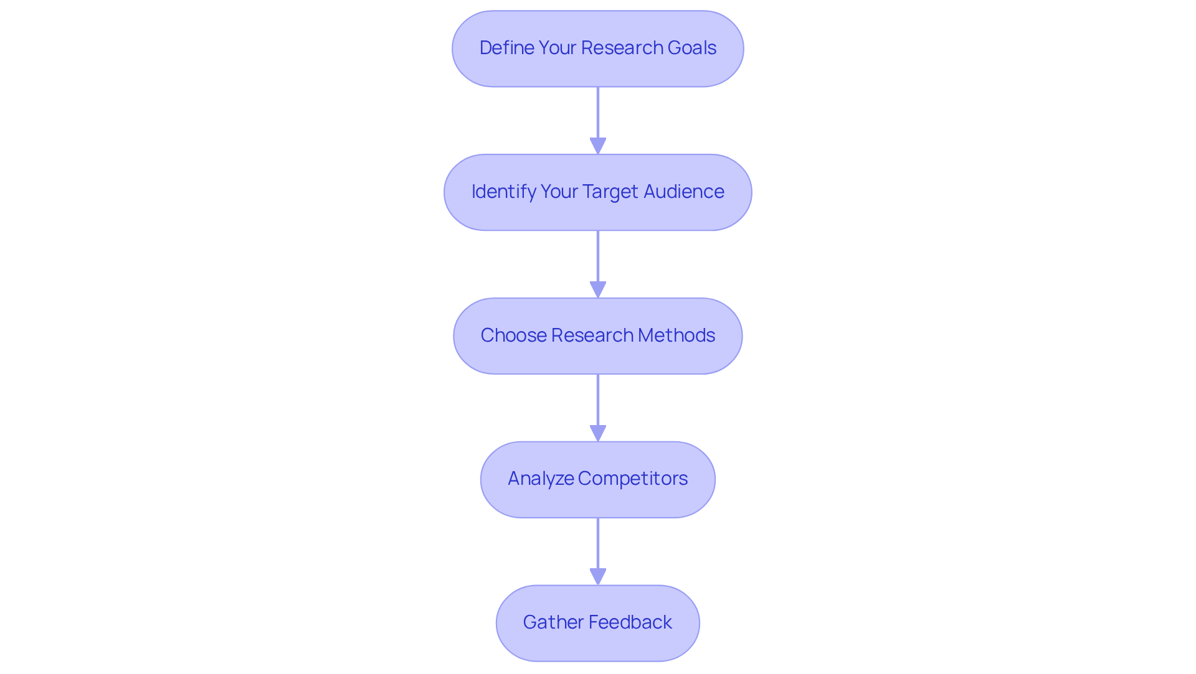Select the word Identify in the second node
click(503, 192)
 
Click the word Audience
click(683, 192)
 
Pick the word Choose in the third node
click(513, 335)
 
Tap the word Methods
click(676, 335)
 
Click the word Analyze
click(540, 479)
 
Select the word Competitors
click(632, 479)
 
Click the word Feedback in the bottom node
click(630, 622)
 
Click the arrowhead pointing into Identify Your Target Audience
click(598, 146)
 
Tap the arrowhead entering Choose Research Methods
click(598, 290)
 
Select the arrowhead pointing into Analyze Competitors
click(598, 434)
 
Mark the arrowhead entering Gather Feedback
click(598, 577)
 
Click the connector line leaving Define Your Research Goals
click(598, 112)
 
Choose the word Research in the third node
click(592, 335)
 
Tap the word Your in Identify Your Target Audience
click(559, 192)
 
